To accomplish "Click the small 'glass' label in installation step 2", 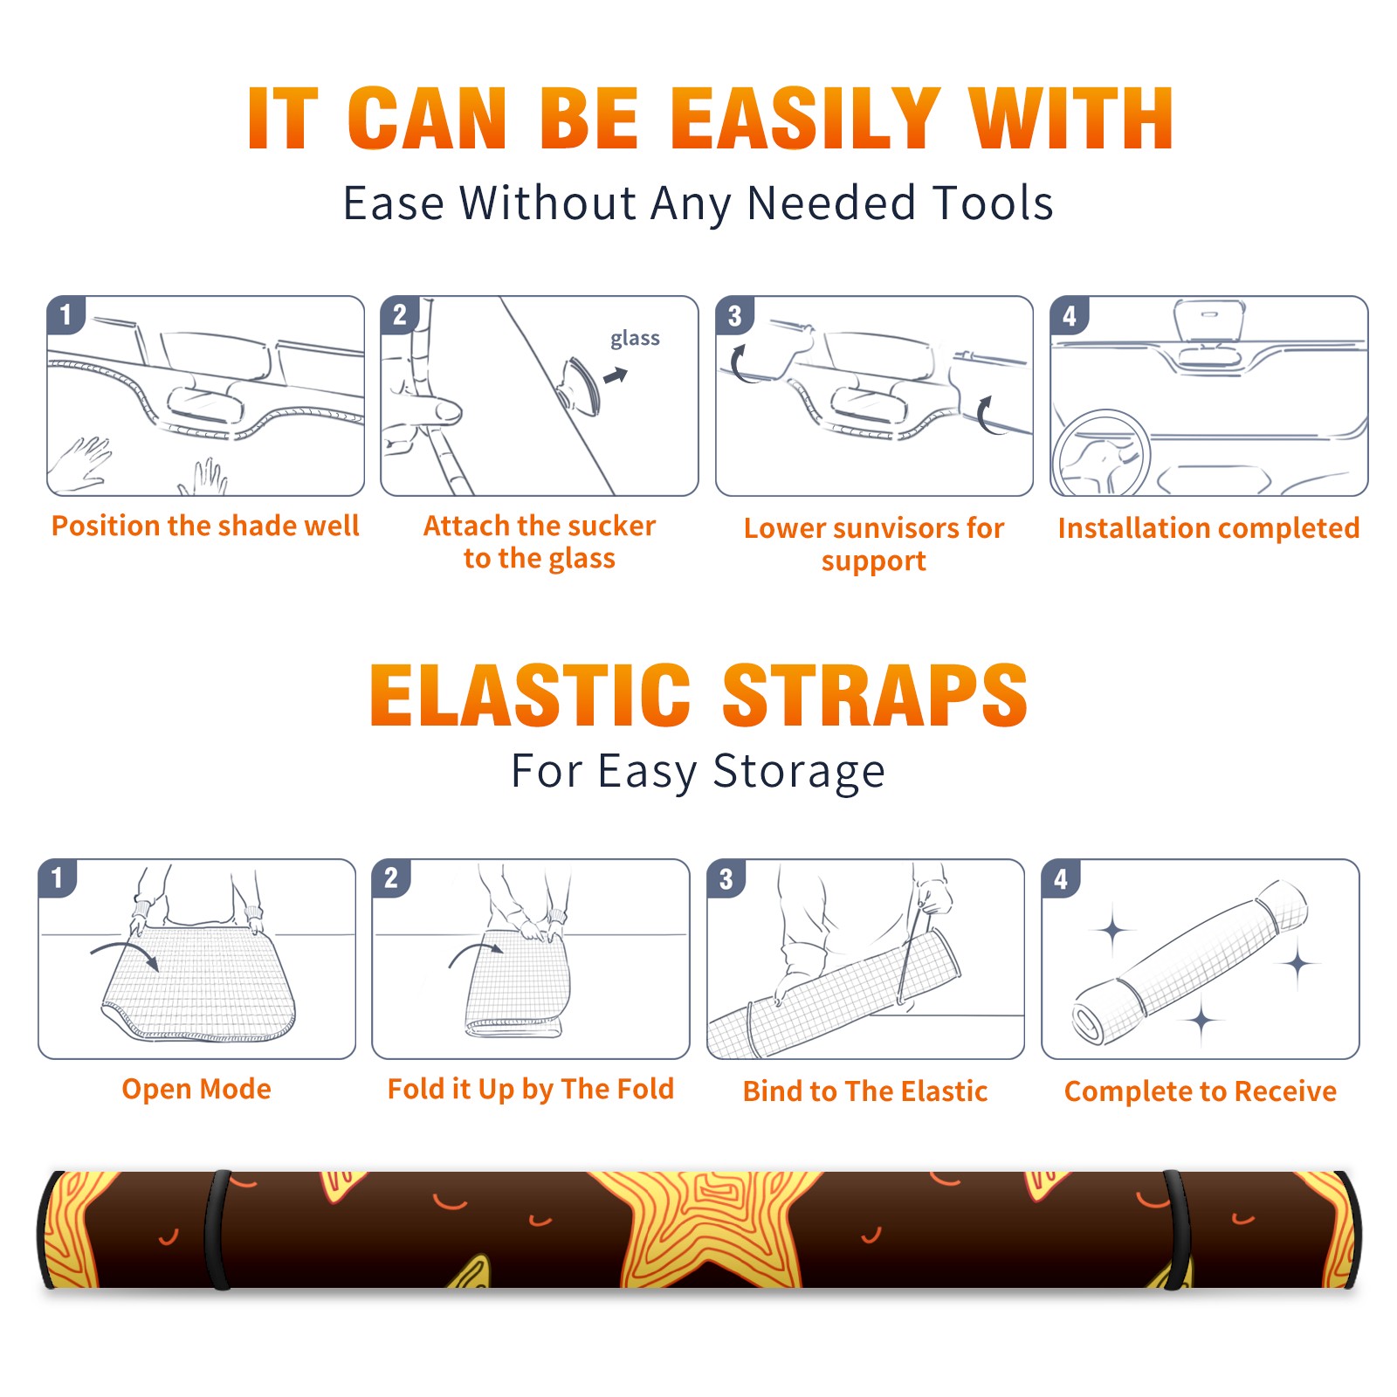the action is [635, 338].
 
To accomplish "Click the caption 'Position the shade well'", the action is [205, 526].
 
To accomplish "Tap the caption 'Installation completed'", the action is [1208, 528].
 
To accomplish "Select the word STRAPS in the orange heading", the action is [875, 695].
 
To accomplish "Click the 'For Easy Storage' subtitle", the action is [698, 771].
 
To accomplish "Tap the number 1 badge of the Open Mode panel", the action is [58, 877].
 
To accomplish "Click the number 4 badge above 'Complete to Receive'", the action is [1061, 878].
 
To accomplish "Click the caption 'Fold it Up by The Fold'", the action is [531, 1089].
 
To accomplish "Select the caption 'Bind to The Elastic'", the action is [865, 1091].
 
